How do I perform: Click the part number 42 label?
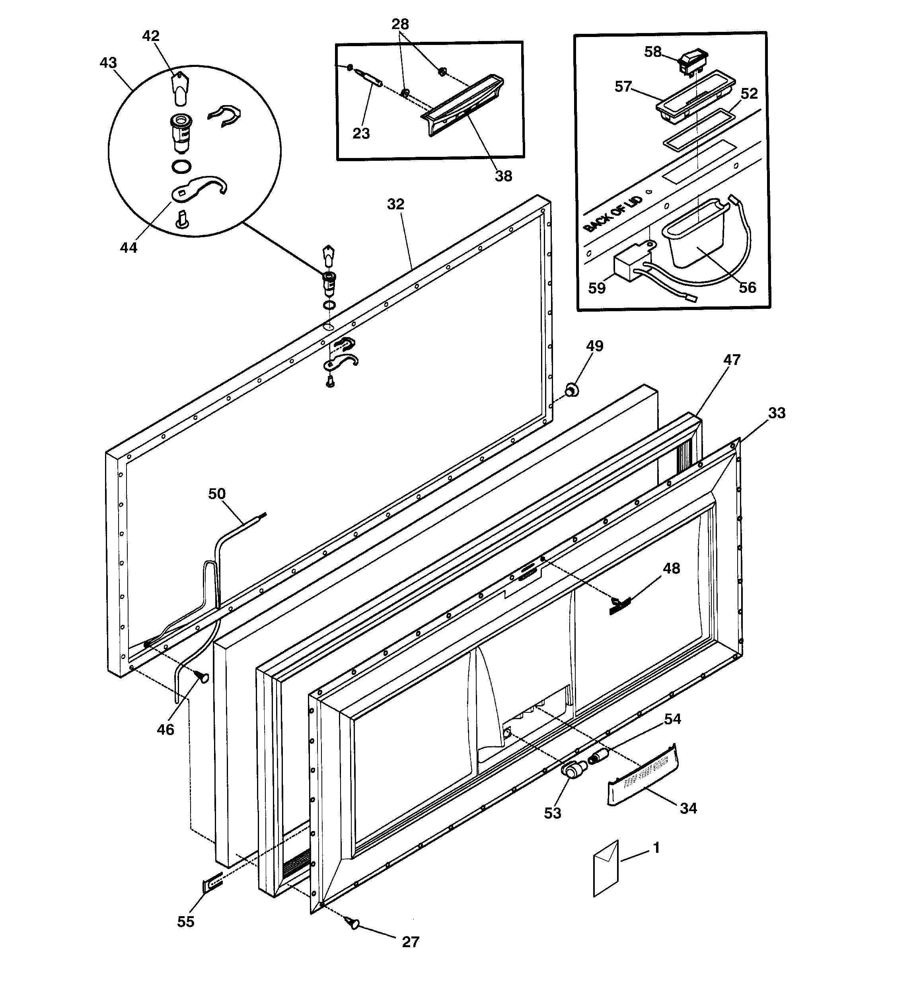(x=151, y=36)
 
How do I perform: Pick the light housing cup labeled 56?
(x=695, y=235)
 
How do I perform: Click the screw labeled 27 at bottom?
(x=353, y=922)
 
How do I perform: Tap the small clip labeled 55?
(x=212, y=884)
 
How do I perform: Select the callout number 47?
(x=731, y=360)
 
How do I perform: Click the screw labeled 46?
(x=203, y=676)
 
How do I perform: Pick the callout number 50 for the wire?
(x=216, y=493)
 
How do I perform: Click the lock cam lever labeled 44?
(x=199, y=188)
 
